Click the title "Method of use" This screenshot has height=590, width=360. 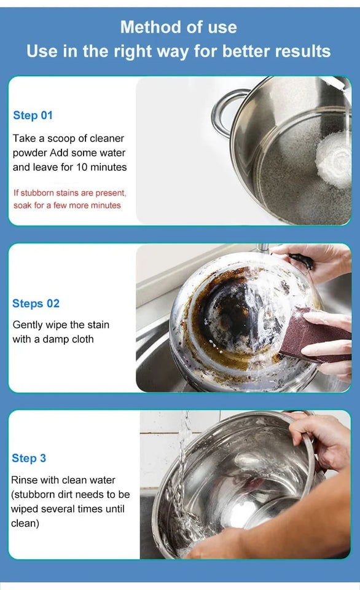[x=178, y=27]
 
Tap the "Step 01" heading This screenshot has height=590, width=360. [x=33, y=116]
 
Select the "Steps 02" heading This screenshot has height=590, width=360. [x=36, y=304]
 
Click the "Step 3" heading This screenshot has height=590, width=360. [x=29, y=458]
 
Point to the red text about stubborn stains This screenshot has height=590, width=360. [x=69, y=199]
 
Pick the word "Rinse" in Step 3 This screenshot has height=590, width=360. [x=25, y=480]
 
